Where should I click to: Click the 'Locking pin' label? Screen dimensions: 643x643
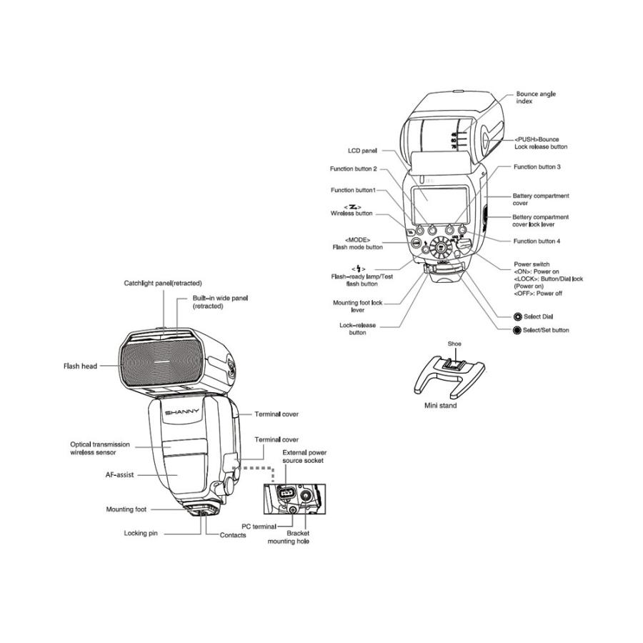click(141, 533)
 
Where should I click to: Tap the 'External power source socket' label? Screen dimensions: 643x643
click(303, 457)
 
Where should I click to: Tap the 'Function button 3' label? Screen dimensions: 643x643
click(537, 166)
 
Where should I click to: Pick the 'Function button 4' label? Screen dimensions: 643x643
click(537, 241)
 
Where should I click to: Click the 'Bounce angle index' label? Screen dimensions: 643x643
click(536, 98)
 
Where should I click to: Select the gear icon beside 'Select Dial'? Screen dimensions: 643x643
click(517, 316)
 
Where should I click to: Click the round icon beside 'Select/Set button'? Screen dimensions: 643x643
click(517, 330)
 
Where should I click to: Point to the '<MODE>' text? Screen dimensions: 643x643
click(357, 239)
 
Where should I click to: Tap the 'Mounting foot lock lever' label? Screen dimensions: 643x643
click(358, 306)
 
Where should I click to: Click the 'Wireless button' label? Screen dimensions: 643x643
click(352, 214)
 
